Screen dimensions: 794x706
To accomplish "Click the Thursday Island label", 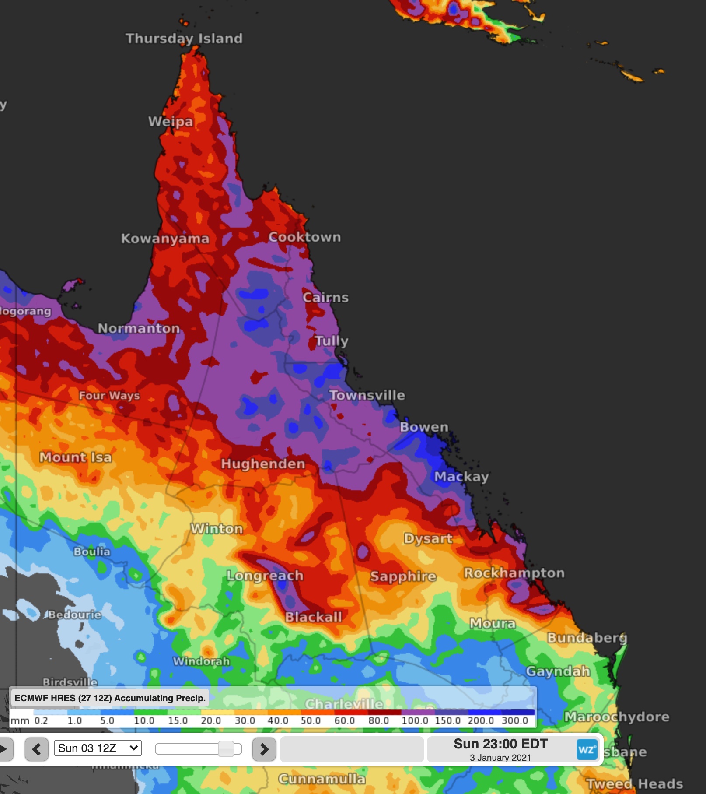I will tap(184, 39).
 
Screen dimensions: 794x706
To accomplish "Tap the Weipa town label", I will tap(171, 121).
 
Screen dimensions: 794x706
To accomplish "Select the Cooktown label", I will tap(304, 237).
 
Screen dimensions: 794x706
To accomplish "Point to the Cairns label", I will tap(325, 298).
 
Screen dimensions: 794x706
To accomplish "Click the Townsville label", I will tap(367, 395).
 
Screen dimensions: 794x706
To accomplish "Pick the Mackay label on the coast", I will tap(461, 477).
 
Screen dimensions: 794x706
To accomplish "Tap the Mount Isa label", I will tap(76, 457).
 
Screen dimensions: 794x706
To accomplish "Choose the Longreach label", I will tap(265, 576).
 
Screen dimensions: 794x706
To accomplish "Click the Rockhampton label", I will tap(514, 573).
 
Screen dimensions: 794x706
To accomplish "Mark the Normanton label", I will tap(139, 328).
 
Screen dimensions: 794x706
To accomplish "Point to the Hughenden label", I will tap(263, 464).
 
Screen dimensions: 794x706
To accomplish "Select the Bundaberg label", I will tap(587, 638).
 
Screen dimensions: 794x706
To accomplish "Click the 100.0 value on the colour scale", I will tap(415, 720).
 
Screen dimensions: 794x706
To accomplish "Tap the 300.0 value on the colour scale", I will tap(514, 720).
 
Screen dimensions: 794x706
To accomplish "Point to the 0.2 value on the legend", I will tap(41, 720).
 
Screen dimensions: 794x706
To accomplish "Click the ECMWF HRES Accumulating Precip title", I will tap(110, 698).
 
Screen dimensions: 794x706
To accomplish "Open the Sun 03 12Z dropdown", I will tap(98, 748).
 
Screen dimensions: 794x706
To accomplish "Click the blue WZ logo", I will tap(587, 749).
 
